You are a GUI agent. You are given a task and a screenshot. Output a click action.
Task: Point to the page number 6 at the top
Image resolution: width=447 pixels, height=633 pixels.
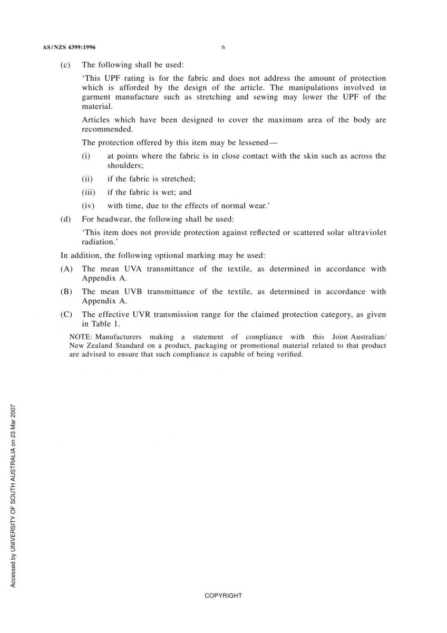pos(224,47)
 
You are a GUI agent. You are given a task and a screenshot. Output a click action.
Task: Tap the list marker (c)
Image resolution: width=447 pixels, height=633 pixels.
pos(65,65)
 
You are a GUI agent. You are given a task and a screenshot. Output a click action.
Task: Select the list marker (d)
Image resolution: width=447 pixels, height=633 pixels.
pos(65,219)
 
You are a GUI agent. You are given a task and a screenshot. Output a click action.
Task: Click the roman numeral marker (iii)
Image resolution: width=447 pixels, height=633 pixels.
pos(88,193)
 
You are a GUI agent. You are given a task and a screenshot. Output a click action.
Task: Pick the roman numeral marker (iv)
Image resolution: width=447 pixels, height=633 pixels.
pos(88,206)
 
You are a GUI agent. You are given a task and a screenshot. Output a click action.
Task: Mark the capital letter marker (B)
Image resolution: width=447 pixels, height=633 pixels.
pos(66,292)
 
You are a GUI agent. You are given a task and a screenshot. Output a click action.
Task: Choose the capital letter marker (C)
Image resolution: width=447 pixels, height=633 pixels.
pos(66,315)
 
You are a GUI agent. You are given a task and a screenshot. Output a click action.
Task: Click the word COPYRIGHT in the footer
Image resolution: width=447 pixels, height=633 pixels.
pos(224,596)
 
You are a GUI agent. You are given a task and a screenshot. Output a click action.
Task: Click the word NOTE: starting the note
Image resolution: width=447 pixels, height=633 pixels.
pos(81,337)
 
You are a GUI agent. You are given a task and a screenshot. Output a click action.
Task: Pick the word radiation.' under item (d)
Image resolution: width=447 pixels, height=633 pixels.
pos(99,242)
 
